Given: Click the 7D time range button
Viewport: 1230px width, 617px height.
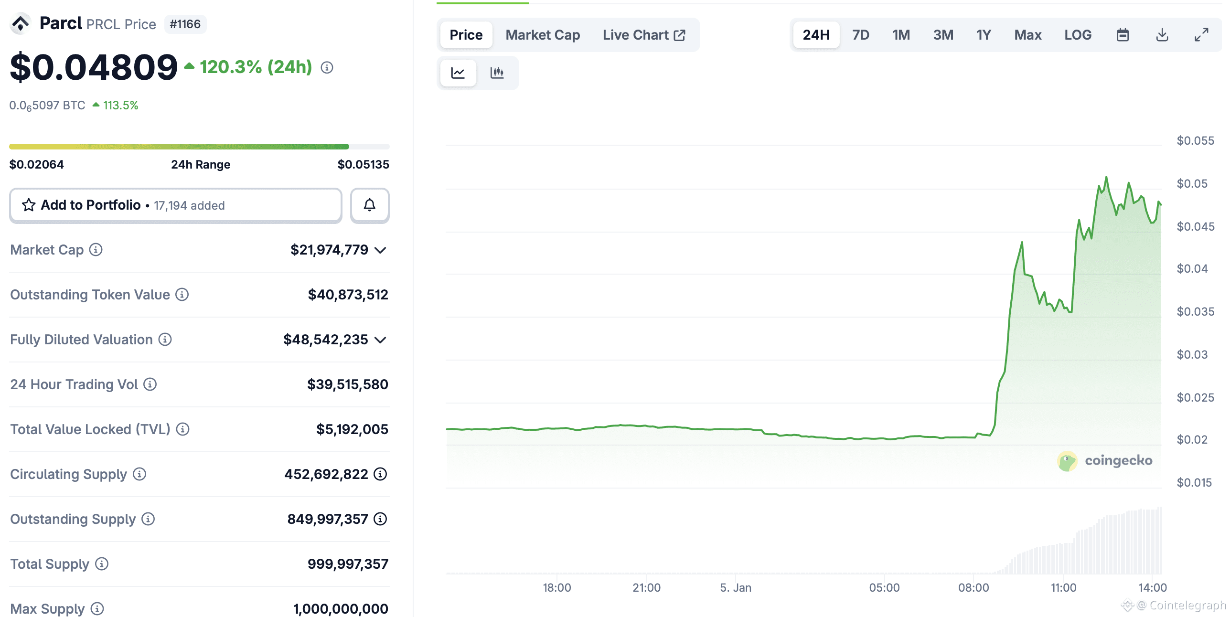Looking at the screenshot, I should pyautogui.click(x=860, y=35).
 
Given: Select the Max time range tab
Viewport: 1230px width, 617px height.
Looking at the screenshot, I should pyautogui.click(x=1027, y=35).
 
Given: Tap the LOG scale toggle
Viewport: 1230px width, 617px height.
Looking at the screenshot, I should pyautogui.click(x=1078, y=35).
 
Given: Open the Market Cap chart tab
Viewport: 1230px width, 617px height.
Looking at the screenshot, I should pyautogui.click(x=543, y=35).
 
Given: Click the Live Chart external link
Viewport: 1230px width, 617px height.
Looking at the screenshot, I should pyautogui.click(x=643, y=35).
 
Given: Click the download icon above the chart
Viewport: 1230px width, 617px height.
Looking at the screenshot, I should pyautogui.click(x=1162, y=35).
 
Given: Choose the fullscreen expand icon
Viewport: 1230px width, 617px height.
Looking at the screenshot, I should pyautogui.click(x=1201, y=35).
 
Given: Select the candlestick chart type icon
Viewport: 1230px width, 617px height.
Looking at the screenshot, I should pyautogui.click(x=497, y=73).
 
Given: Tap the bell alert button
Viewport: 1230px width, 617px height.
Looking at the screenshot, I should pyautogui.click(x=370, y=205).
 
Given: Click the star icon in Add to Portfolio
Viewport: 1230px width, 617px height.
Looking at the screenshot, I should pyautogui.click(x=29, y=205).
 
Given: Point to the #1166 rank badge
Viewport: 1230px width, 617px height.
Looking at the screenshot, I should pyautogui.click(x=185, y=24).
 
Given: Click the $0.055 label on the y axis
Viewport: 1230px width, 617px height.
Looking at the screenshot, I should pyautogui.click(x=1195, y=141).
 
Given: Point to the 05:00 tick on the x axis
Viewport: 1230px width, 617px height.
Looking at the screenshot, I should pyautogui.click(x=884, y=587).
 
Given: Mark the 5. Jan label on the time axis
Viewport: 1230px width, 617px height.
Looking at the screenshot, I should pyautogui.click(x=736, y=587).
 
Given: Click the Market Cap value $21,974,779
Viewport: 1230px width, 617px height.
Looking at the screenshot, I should pyautogui.click(x=329, y=250).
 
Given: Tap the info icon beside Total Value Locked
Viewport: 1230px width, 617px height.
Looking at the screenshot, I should pyautogui.click(x=182, y=429).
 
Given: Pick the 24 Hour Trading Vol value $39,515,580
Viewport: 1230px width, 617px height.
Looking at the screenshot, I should pyautogui.click(x=347, y=384).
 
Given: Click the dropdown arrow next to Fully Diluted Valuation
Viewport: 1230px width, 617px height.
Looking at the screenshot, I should pyautogui.click(x=380, y=340).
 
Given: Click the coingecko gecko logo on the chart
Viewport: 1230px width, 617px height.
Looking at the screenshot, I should pyautogui.click(x=1067, y=461).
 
